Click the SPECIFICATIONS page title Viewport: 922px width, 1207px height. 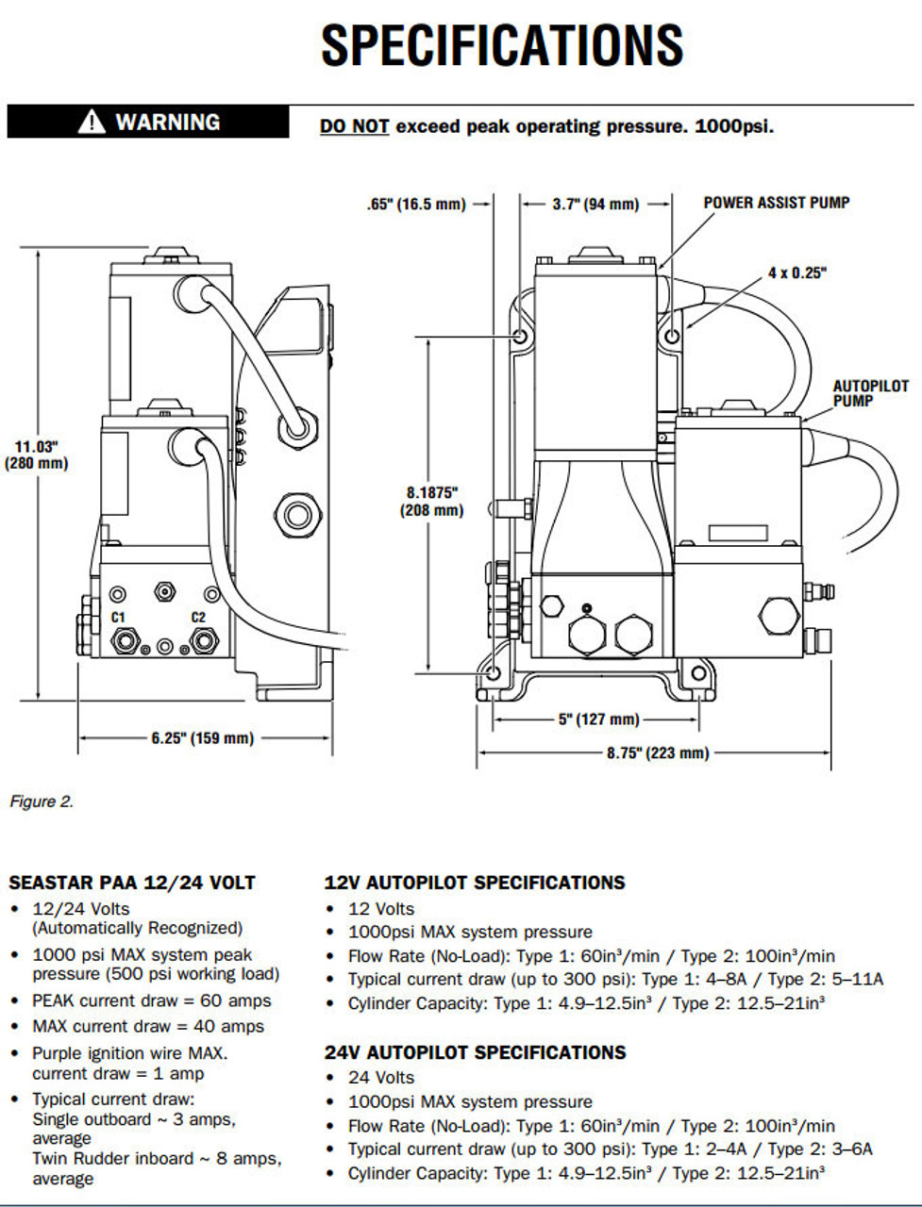502,45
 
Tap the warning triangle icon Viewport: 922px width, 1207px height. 91,122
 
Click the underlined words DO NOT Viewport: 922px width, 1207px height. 354,126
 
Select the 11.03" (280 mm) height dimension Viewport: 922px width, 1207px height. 36,455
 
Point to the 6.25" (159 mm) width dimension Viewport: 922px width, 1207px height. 203,738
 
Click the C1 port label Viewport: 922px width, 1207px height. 118,617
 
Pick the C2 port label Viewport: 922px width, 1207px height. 198,617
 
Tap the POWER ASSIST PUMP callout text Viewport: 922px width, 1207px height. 777,203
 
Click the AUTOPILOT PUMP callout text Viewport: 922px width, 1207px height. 870,393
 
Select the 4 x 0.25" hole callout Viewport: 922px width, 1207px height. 797,273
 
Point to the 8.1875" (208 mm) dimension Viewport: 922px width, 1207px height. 432,502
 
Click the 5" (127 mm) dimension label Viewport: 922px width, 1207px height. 598,719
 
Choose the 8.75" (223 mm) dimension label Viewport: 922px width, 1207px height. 658,752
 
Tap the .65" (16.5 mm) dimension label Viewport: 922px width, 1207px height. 416,205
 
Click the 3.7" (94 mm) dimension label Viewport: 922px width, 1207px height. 595,205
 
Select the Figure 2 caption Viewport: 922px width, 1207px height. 42,802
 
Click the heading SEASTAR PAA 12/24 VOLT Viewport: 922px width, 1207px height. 132,883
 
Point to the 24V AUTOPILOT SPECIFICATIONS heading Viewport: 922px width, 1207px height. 475,1052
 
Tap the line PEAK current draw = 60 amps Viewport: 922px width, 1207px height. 152,1000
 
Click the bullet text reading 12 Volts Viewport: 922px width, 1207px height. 381,909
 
